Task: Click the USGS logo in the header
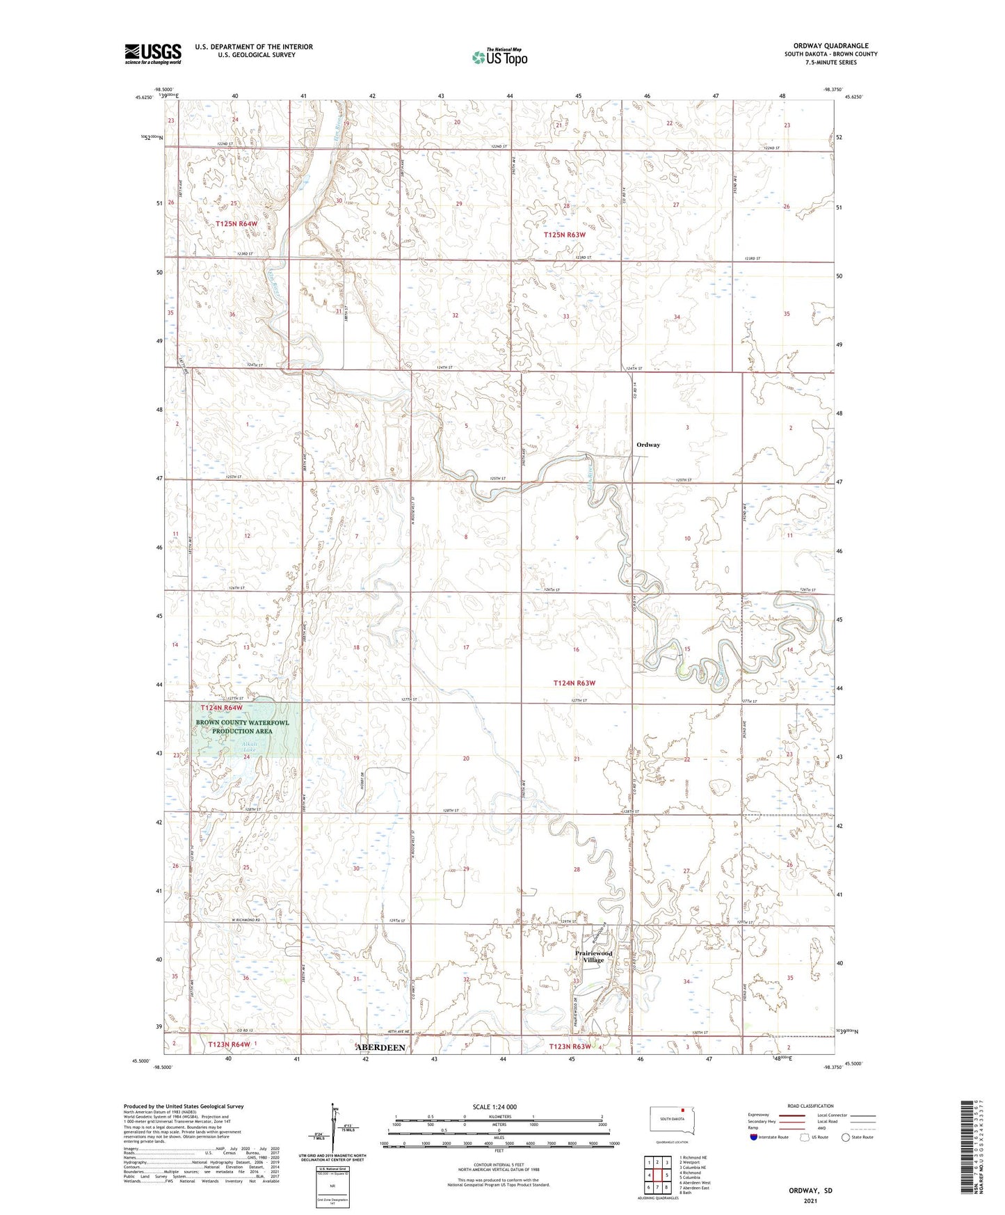point(153,54)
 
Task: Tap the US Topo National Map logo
point(499,57)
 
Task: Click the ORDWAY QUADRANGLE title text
point(830,46)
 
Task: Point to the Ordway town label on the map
point(648,445)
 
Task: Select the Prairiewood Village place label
point(593,956)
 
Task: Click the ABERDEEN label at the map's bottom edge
point(380,1047)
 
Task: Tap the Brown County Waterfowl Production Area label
point(242,726)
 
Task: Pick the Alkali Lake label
point(248,747)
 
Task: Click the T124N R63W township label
point(574,683)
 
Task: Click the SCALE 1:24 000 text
point(495,1106)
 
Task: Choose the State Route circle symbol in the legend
point(846,1137)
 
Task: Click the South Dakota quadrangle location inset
point(671,1122)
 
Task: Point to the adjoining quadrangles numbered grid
point(657,1175)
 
